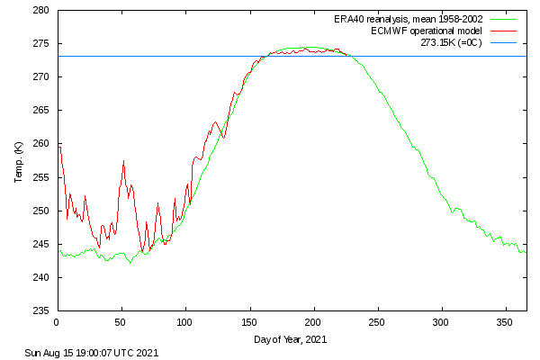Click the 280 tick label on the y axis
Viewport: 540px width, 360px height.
pyautogui.click(x=40, y=10)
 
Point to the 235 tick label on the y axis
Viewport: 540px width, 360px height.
pyautogui.click(x=40, y=310)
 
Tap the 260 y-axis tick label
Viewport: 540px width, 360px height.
pyautogui.click(x=40, y=144)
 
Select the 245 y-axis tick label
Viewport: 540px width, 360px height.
pyautogui.click(x=40, y=244)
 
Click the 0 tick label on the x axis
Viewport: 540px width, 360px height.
pyautogui.click(x=57, y=321)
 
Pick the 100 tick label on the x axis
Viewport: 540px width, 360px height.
pyautogui.click(x=184, y=321)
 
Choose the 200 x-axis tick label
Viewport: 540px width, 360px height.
pyautogui.click(x=313, y=321)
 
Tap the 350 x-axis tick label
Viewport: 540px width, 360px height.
pyautogui.click(x=505, y=321)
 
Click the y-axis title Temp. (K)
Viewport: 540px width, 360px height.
pyautogui.click(x=18, y=161)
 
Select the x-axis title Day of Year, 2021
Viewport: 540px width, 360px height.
pyautogui.click(x=291, y=339)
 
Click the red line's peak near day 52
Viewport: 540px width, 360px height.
pyautogui.click(x=123, y=161)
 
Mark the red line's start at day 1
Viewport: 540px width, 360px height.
pyautogui.click(x=58, y=147)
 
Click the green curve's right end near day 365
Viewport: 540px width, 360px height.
pyautogui.click(x=525, y=252)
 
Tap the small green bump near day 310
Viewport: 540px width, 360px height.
pyautogui.click(x=457, y=209)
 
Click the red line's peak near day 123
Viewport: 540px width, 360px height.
pyautogui.click(x=215, y=121)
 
